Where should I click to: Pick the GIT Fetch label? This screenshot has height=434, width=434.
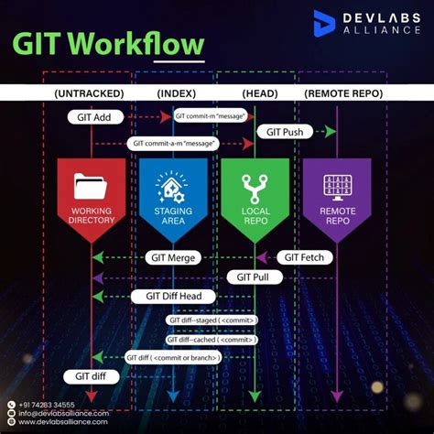coord(305,257)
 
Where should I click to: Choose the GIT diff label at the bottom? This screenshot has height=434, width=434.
coord(88,376)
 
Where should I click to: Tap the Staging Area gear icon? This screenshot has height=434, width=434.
coord(167,188)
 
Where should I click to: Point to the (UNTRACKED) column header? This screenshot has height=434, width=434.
coord(91,93)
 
